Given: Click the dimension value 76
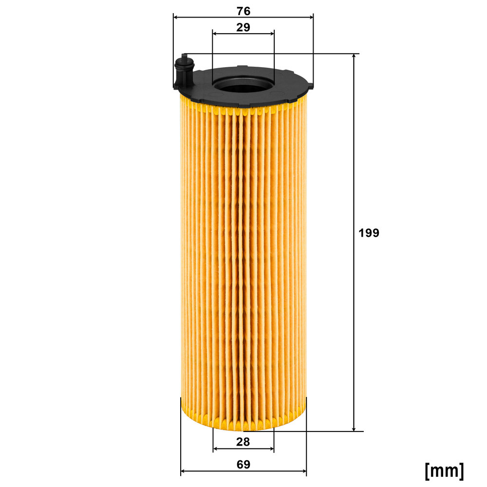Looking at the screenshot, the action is [x=243, y=11].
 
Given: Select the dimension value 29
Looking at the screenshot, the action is [x=243, y=27].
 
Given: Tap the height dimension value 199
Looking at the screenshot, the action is [x=369, y=233].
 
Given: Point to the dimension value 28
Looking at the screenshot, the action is [x=243, y=442].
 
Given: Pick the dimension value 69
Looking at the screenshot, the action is [x=243, y=464].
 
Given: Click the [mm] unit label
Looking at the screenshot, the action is [x=444, y=470].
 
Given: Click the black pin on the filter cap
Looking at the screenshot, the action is [x=184, y=70].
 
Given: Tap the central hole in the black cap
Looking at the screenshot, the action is [x=243, y=85].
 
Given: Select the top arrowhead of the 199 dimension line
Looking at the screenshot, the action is [x=354, y=56].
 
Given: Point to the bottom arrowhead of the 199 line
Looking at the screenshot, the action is [x=354, y=428].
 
